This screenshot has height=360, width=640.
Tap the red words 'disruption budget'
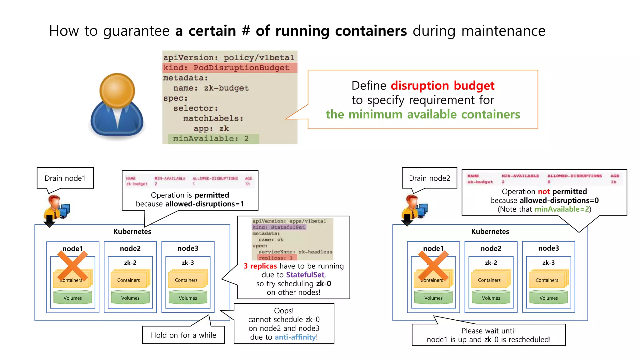[x=442, y=86]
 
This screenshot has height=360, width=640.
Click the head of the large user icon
[x=117, y=90]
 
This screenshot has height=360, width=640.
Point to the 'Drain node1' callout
[x=65, y=178]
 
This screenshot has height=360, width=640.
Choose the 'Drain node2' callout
[x=429, y=178]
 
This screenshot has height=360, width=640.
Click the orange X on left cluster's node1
[x=72, y=266]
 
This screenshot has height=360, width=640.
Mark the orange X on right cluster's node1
[x=433, y=266]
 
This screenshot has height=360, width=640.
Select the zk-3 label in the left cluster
[x=188, y=263]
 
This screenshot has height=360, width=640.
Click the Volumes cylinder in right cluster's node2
[x=491, y=297]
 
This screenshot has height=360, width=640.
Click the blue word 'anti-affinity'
[x=295, y=337]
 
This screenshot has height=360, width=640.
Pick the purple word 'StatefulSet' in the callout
[x=305, y=275]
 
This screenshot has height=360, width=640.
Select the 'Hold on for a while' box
[x=183, y=335]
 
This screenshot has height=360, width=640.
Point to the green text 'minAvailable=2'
[x=562, y=209]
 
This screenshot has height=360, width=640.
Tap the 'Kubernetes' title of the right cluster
[x=490, y=232]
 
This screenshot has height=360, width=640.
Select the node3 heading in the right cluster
[x=548, y=248]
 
